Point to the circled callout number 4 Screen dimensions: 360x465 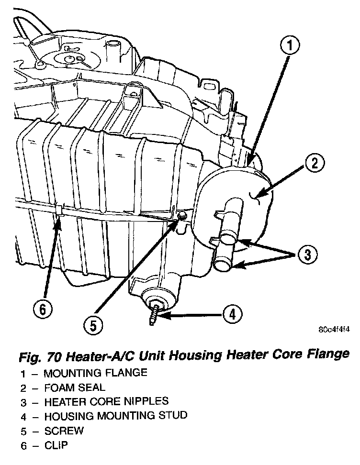232,314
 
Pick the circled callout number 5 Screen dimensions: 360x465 92,326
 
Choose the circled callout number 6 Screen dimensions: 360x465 43,310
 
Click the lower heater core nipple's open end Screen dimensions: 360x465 223,265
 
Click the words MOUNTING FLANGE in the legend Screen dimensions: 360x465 95,372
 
